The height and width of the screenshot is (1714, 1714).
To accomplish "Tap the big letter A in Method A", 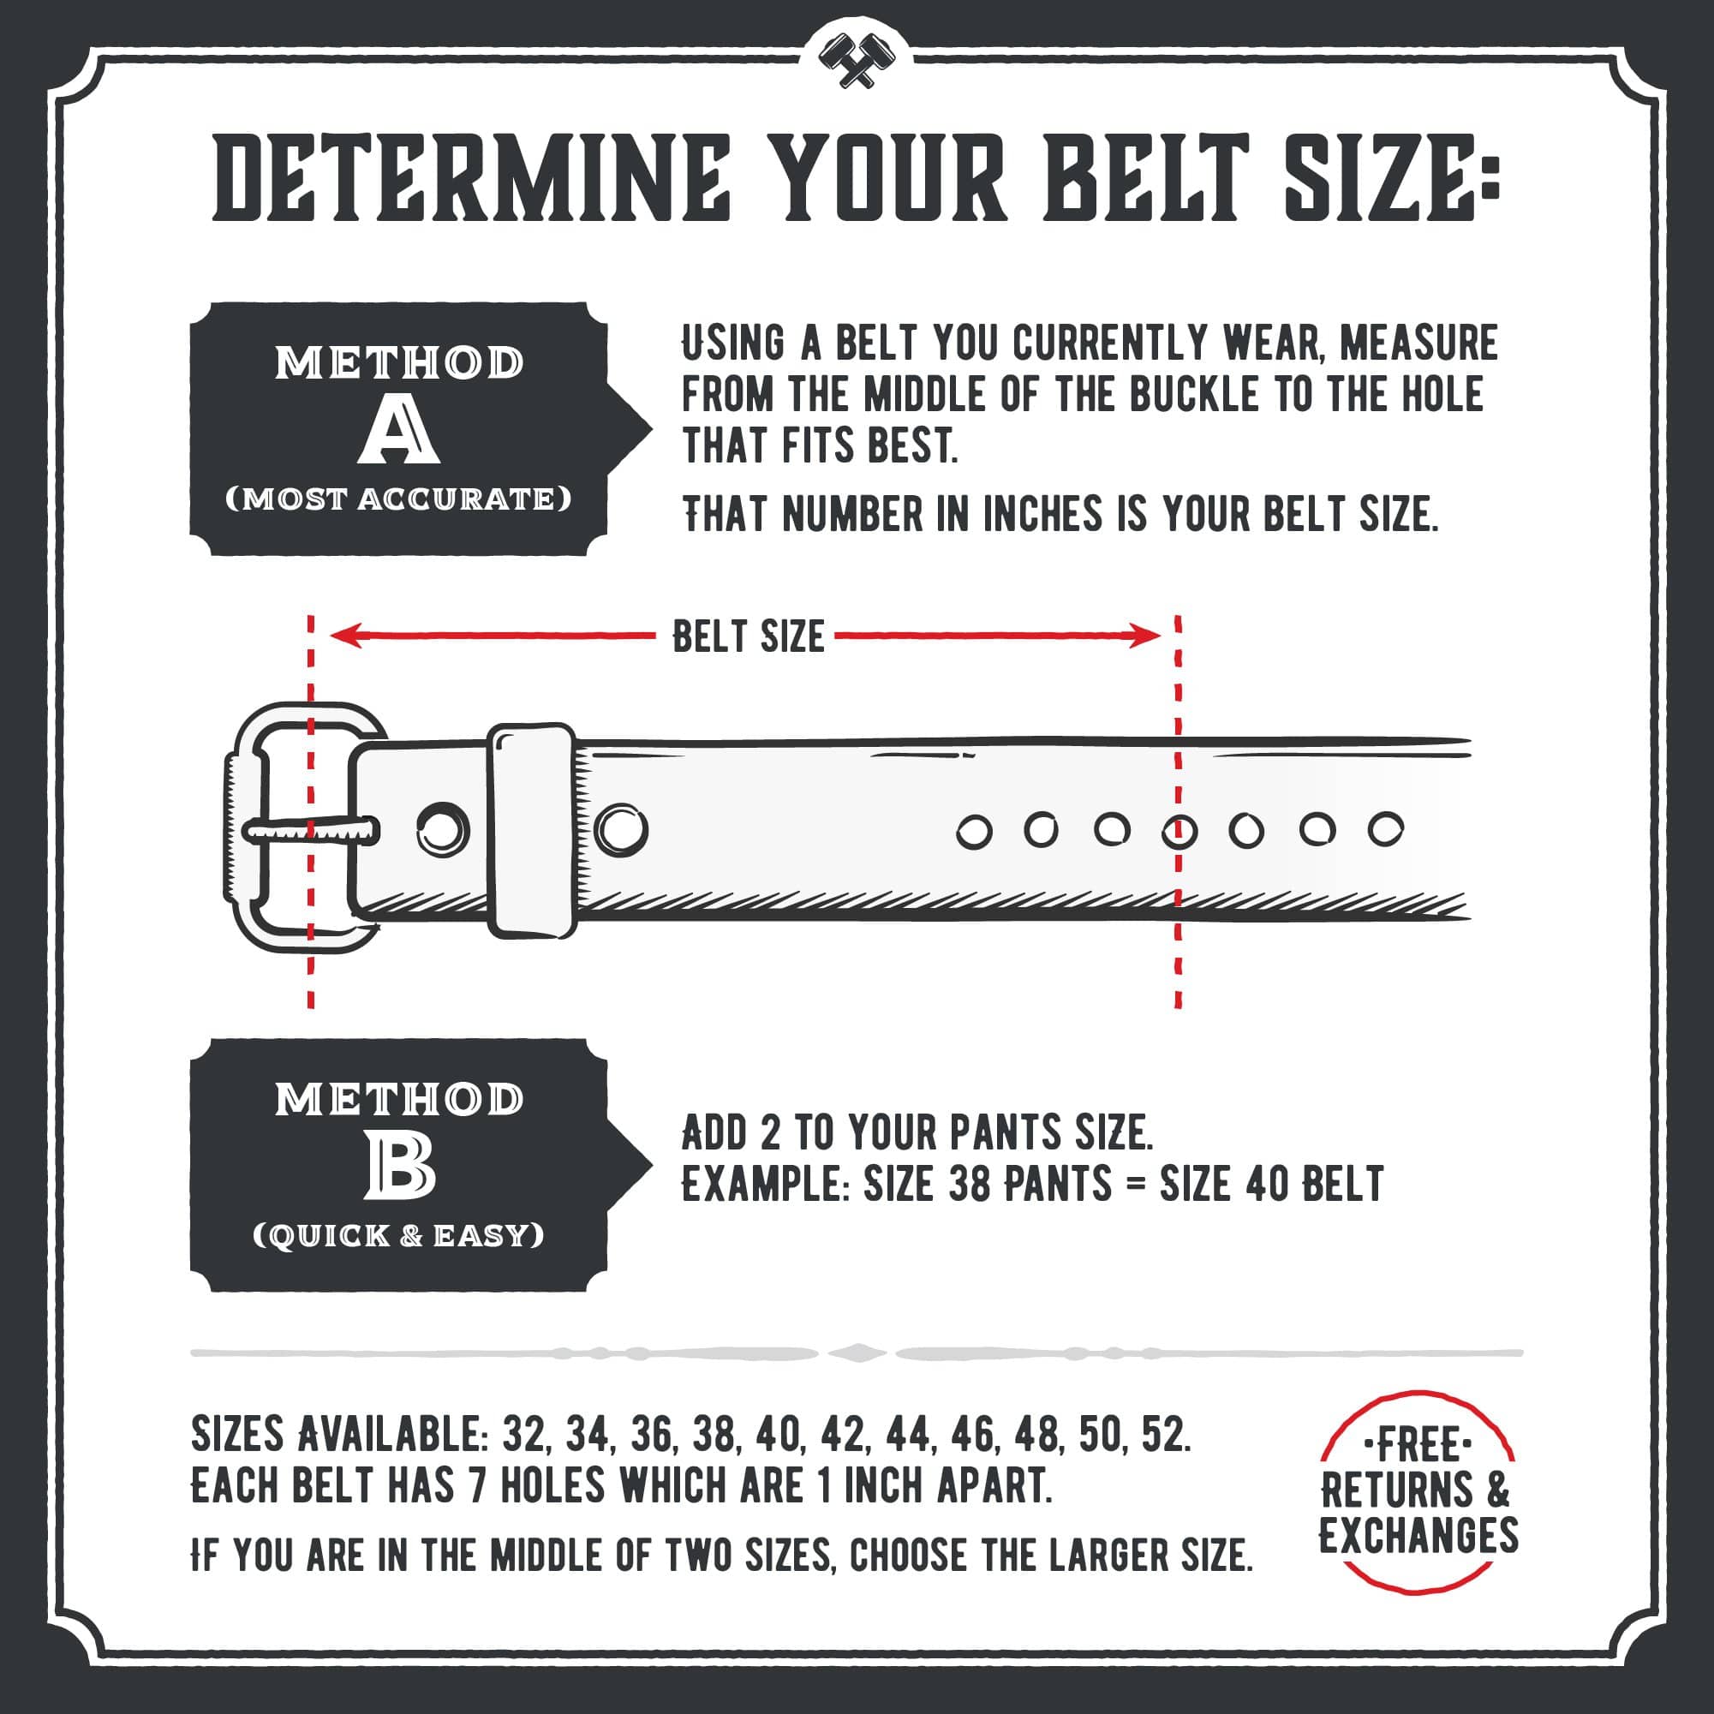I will pyautogui.click(x=398, y=430).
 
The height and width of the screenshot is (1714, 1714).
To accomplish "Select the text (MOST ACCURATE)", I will pyautogui.click(x=398, y=499).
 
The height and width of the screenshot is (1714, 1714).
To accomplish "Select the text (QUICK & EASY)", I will pyautogui.click(x=398, y=1236).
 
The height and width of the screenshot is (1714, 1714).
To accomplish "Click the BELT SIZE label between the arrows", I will pyautogui.click(x=748, y=636).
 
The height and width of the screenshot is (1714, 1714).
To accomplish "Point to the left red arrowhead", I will pyautogui.click(x=345, y=636).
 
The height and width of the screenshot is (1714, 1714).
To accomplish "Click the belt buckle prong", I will pyautogui.click(x=310, y=831).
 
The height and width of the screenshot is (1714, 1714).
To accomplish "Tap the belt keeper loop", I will pyautogui.click(x=531, y=829).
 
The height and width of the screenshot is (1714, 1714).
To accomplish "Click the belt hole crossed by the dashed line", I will pyautogui.click(x=1179, y=831).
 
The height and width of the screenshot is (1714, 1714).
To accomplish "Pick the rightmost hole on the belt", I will pyautogui.click(x=1385, y=829).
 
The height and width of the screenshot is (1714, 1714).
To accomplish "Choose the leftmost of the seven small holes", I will pyautogui.click(x=973, y=833).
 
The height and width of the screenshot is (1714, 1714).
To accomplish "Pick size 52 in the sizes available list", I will pyautogui.click(x=1165, y=1435).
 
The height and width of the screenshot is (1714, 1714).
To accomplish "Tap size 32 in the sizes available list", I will pyautogui.click(x=525, y=1435).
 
